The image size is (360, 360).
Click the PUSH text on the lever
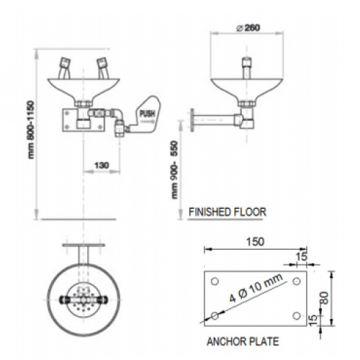tap(147, 114)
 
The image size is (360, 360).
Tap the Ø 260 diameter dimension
tap(248, 28)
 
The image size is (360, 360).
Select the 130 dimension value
tap(102, 166)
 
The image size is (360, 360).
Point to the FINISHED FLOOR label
tap(228, 212)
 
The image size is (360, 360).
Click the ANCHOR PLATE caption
tap(243, 341)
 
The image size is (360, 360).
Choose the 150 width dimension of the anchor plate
tap(256, 242)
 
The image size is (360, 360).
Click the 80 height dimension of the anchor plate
tap(325, 298)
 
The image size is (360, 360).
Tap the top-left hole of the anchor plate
tap(215, 281)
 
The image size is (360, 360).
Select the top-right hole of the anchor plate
tap(297, 281)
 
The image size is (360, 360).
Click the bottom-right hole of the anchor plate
tap(297, 315)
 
